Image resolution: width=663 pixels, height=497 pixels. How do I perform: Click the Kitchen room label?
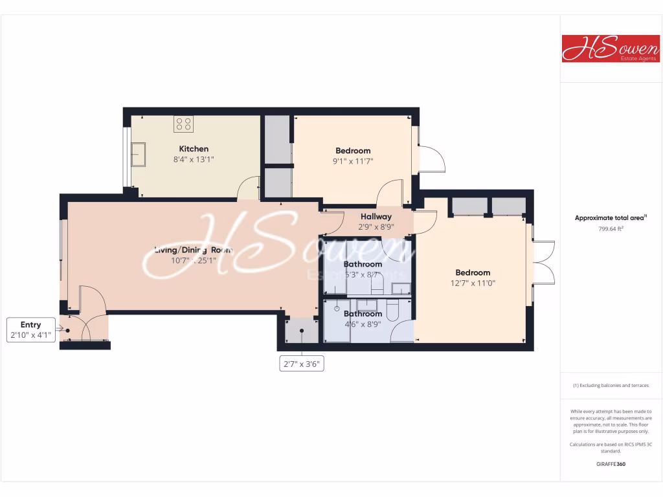tap(194, 149)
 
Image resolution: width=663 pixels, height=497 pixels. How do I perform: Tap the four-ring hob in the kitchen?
tap(183, 124)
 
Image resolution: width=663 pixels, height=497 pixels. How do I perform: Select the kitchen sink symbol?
tap(138, 154)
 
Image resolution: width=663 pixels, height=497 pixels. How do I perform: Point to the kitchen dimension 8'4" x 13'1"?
tap(194, 159)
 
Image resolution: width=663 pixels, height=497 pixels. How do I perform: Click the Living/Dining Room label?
tap(193, 250)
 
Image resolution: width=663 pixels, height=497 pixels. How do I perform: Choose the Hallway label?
tap(376, 217)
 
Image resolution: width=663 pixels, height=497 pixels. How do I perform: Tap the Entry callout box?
tap(30, 330)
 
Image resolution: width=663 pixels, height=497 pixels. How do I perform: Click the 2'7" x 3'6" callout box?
tap(301, 364)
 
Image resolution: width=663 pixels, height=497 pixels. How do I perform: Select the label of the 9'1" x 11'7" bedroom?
tap(352, 151)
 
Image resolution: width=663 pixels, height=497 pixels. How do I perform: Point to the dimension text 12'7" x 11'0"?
tap(473, 283)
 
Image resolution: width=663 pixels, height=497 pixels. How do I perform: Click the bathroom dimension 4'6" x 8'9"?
tap(363, 324)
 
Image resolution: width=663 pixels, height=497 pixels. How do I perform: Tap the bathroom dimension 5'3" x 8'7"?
tap(363, 274)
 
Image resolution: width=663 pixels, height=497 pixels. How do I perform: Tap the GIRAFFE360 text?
tap(611, 463)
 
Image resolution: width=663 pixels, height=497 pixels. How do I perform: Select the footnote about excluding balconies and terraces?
tap(611, 385)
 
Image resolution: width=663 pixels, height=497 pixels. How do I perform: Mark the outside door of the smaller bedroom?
tap(430, 159)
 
